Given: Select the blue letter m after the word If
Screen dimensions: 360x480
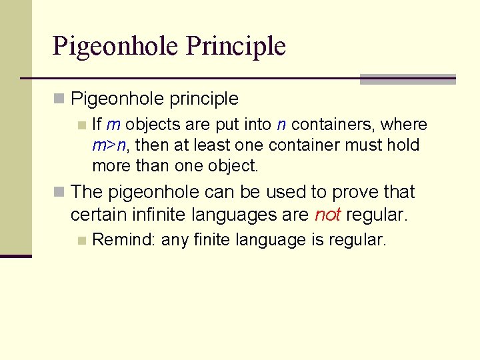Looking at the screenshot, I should click(113, 125).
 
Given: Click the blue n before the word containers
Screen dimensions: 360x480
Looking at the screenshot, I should click(281, 125).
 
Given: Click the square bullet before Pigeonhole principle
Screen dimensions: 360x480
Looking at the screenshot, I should click(59, 99).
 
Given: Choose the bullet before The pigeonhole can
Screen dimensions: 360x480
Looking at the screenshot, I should click(59, 193).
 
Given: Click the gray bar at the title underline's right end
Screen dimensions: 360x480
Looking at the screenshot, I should click(407, 79).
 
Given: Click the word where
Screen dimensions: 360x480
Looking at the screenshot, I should click(404, 125).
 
